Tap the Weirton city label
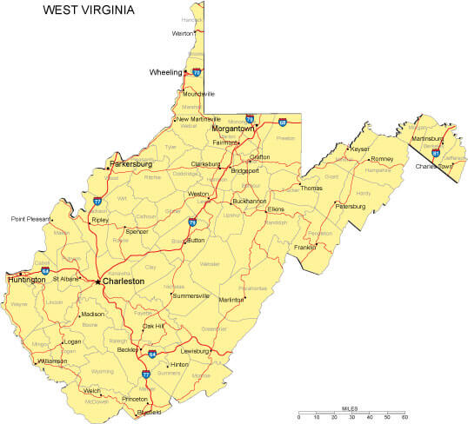183,33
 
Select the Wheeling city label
166,72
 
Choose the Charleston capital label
124,282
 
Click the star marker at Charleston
97,282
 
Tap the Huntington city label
26,280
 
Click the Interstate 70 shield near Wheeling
197,73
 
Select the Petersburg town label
351,206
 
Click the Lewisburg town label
196,351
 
